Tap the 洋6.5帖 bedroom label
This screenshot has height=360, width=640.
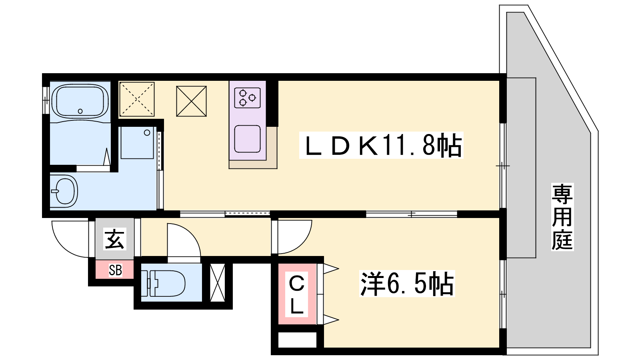(407, 284)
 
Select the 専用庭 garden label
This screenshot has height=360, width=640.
(562, 217)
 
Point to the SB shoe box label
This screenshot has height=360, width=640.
(115, 270)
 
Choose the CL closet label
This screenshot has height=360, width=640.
(296, 294)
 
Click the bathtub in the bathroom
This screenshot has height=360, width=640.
(80, 102)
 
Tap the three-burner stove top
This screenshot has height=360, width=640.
(248, 98)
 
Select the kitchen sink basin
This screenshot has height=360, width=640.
(248, 139)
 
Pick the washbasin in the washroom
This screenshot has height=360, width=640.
(64, 191)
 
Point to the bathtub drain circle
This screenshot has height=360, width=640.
(80, 111)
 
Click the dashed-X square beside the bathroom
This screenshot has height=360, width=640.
(137, 99)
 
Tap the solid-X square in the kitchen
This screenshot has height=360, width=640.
(192, 101)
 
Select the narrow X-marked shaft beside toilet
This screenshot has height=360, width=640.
(218, 282)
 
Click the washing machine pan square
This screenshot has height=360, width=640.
(138, 142)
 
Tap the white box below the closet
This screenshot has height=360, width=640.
(298, 340)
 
